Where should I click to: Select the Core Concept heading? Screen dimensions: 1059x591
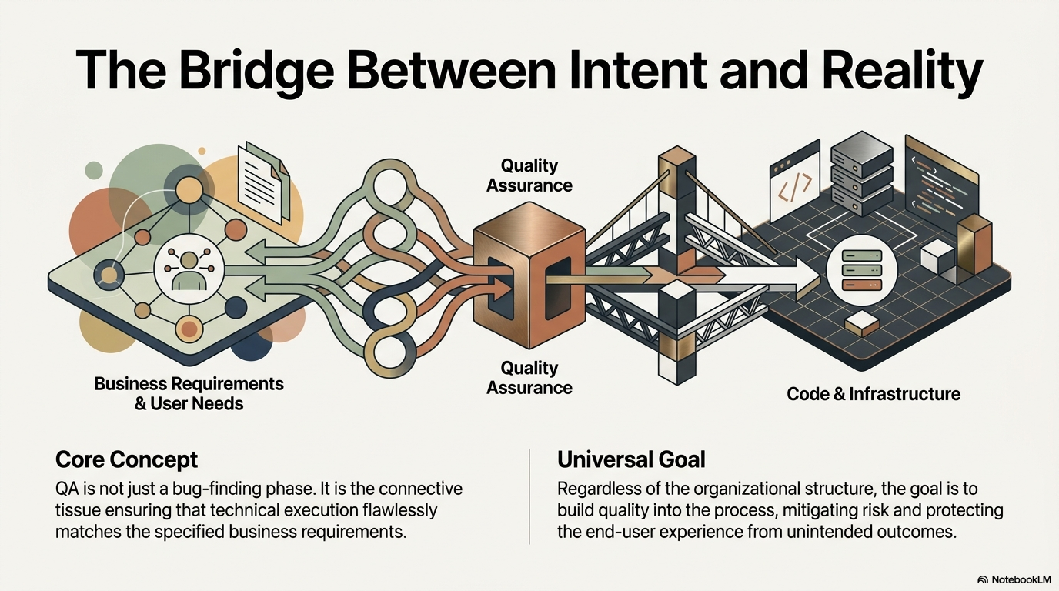tap(126, 459)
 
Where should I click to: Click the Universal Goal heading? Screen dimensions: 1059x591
tap(631, 459)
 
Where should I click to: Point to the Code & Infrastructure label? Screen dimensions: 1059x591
tap(874, 394)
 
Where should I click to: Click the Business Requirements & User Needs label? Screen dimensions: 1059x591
tap(189, 393)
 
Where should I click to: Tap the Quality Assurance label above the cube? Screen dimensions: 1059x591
tap(529, 175)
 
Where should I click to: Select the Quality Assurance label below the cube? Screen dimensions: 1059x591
tap(529, 378)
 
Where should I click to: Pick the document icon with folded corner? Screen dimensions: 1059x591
tap(264, 182)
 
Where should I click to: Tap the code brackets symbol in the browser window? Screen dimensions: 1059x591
tap(795, 187)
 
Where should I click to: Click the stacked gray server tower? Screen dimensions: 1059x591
tap(861, 174)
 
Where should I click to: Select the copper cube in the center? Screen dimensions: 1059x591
tap(529, 275)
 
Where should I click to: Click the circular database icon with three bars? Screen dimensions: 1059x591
tap(862, 270)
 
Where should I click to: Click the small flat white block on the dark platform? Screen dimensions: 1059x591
tap(861, 324)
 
